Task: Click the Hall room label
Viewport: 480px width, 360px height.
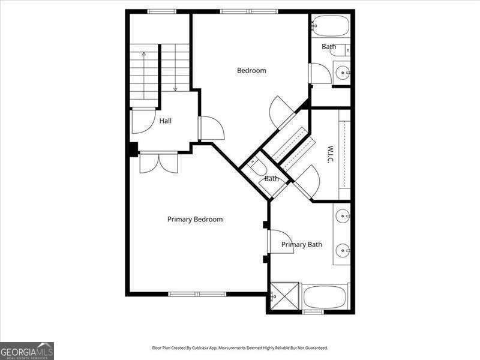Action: (x=166, y=121)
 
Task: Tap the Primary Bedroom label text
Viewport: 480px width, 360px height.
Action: (x=195, y=220)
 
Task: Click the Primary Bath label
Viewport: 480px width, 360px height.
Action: (x=302, y=244)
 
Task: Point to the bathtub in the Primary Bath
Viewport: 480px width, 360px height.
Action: (x=325, y=296)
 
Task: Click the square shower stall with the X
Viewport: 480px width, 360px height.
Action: (x=284, y=296)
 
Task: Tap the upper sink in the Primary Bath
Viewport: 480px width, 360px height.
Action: (x=343, y=215)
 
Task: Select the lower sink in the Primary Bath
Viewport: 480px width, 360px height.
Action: (x=343, y=249)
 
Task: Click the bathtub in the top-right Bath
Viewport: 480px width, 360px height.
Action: (x=330, y=26)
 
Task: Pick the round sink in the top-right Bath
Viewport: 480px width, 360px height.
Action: (x=343, y=73)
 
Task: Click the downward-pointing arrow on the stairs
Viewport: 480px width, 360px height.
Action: (x=175, y=78)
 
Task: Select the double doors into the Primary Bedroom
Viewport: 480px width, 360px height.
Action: (x=159, y=163)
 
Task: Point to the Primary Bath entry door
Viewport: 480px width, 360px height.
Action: (x=280, y=242)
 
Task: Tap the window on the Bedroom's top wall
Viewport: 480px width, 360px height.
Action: (x=248, y=11)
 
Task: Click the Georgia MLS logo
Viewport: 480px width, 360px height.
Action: (x=27, y=350)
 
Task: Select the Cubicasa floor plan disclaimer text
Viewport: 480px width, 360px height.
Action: (x=240, y=348)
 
